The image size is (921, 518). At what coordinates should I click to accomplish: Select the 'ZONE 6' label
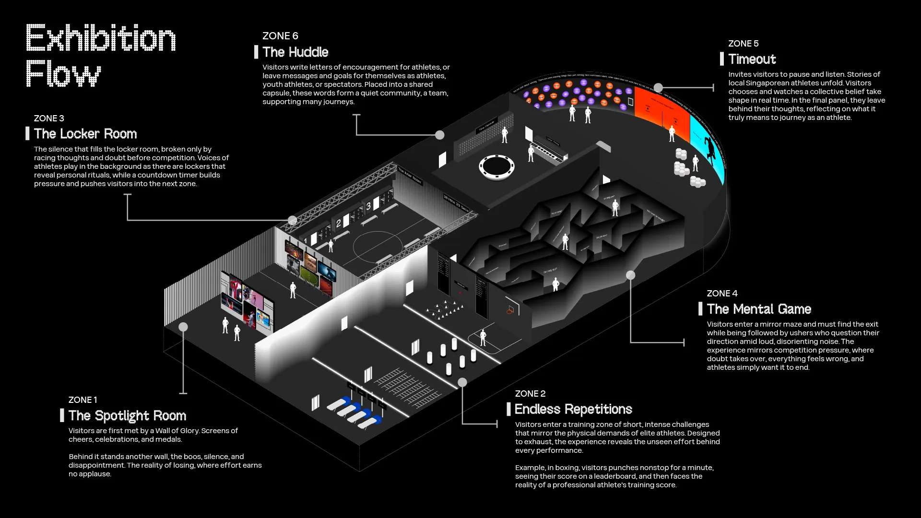[280, 36]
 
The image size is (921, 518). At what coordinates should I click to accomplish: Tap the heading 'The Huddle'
[295, 52]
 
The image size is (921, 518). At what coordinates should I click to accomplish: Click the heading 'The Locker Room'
[85, 134]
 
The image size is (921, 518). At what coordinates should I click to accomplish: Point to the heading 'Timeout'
[752, 59]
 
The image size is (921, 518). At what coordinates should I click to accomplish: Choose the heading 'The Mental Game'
[759, 309]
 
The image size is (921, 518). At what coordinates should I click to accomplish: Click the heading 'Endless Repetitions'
[573, 409]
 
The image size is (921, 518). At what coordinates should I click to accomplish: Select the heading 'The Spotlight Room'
[127, 416]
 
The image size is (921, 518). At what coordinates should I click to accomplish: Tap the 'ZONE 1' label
[83, 400]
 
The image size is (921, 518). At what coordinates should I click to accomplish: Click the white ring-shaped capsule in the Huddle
[496, 167]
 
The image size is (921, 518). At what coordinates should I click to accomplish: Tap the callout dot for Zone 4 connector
[631, 275]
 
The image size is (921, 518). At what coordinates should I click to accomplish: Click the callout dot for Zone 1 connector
[183, 327]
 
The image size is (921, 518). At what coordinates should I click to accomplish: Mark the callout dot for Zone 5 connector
[659, 88]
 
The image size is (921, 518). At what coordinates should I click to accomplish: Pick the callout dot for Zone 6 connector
[440, 135]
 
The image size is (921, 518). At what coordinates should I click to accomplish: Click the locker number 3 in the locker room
[368, 206]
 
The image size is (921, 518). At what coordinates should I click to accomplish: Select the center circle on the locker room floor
[378, 246]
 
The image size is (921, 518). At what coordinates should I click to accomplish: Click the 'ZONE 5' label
[743, 44]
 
